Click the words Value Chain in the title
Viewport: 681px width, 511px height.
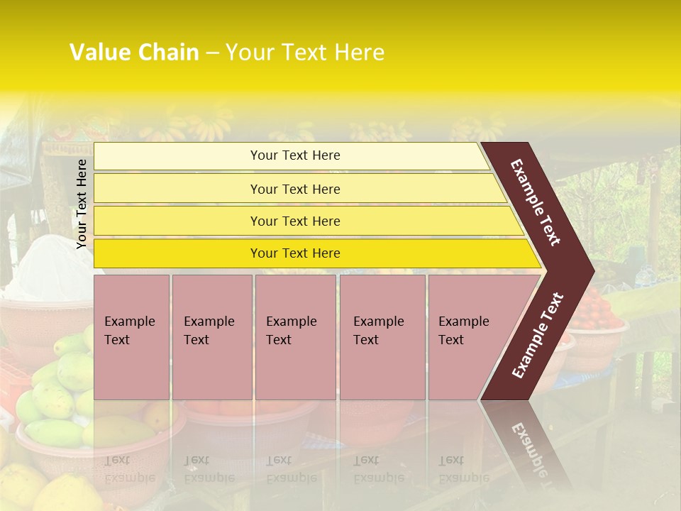134,53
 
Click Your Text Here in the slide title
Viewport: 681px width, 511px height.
304,53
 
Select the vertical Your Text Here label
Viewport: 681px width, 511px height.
82,204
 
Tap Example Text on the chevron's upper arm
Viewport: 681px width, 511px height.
536,202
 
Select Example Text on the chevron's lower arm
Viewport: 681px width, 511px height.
537,335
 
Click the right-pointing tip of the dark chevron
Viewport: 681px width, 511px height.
589,270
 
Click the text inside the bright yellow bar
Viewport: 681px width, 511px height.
295,253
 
